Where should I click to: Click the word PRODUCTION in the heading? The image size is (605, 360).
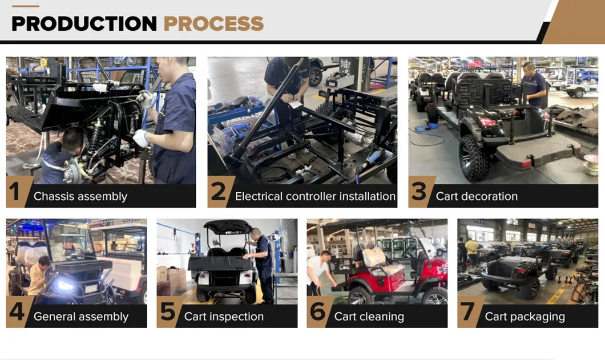[84, 23]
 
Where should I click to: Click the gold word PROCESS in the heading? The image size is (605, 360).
[214, 23]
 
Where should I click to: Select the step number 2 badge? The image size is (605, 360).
[218, 191]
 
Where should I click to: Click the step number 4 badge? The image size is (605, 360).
[17, 312]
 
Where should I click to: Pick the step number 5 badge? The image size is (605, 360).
[167, 312]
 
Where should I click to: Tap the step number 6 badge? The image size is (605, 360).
[317, 312]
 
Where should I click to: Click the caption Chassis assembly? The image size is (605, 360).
[80, 196]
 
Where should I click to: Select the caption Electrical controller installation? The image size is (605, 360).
[315, 196]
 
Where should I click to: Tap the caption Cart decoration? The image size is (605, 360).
[477, 196]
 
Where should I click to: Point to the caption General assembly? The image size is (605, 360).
[81, 317]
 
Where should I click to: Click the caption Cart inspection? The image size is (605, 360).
[224, 317]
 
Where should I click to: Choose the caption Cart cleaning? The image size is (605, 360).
[369, 317]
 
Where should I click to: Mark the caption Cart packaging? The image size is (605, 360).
[525, 317]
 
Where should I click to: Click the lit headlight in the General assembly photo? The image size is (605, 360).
[64, 285]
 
